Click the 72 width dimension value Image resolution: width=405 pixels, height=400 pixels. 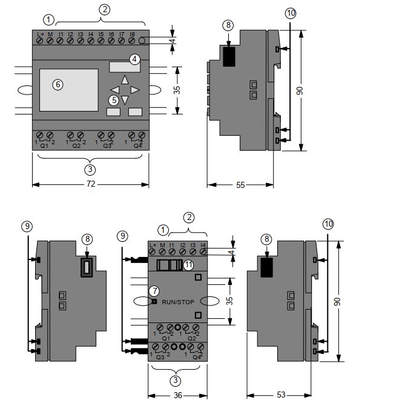(91, 184)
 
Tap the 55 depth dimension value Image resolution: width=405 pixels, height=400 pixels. (240, 185)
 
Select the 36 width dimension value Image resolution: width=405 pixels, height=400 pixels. (178, 395)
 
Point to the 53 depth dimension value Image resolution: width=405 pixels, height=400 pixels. (281, 395)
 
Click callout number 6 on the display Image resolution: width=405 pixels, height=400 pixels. (58, 84)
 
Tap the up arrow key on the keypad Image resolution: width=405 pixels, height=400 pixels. (125, 79)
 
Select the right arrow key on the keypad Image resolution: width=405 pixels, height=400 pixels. (135, 90)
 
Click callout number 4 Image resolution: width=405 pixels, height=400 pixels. (134, 59)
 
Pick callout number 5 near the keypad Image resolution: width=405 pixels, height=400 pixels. (114, 100)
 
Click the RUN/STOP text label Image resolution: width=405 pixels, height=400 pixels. (178, 302)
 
